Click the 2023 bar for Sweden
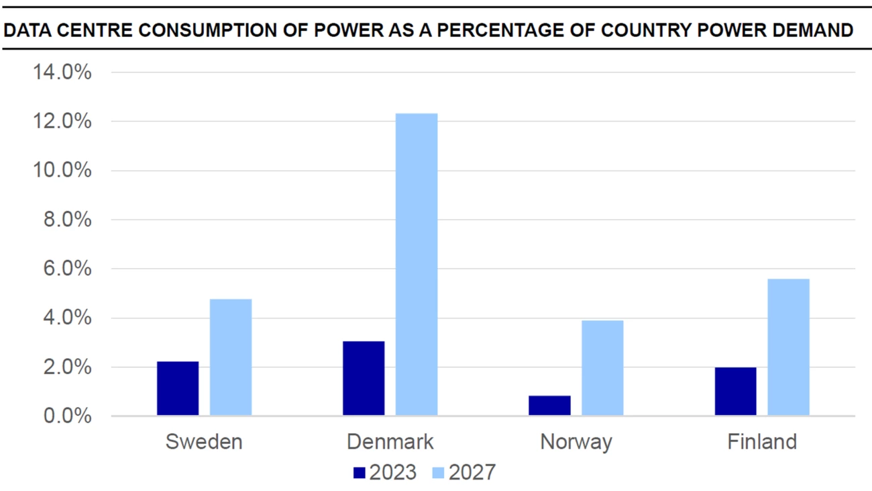point(178,388)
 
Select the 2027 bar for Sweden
point(231,357)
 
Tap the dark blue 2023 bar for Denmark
point(364,378)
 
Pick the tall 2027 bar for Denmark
point(417,265)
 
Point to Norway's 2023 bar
point(549,406)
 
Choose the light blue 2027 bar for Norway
point(602,368)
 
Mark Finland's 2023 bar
point(736,392)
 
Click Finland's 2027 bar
point(789,347)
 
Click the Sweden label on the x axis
point(204,442)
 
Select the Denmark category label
point(390,442)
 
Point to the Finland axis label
point(762,442)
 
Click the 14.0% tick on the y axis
point(62,72)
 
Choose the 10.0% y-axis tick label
point(62,171)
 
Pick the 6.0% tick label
point(67,269)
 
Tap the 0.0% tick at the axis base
point(67,416)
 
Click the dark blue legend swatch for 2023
point(360,473)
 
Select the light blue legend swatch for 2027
point(438,473)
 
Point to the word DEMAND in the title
point(813,30)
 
